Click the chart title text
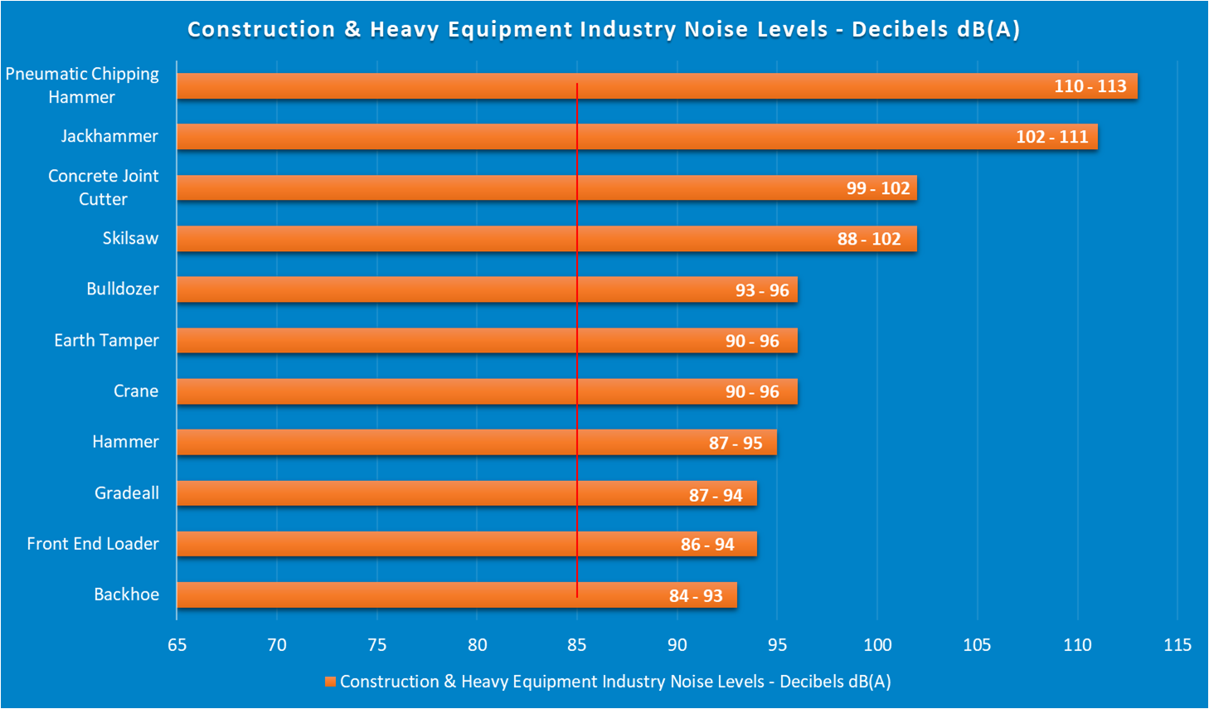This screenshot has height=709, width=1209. (x=604, y=29)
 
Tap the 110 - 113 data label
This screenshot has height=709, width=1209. (x=1090, y=86)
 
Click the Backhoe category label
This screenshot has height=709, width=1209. (x=126, y=595)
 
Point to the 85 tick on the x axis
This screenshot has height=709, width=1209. (x=577, y=645)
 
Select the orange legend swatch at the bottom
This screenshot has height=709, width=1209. (x=330, y=682)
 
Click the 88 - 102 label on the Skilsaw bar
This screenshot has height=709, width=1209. (x=868, y=239)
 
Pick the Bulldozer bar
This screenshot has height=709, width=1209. (x=487, y=289)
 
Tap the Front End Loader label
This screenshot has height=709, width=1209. (x=93, y=544)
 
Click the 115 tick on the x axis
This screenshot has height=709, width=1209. (x=1177, y=645)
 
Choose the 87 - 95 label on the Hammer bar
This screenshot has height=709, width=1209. (x=735, y=443)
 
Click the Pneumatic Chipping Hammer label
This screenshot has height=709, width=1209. (x=82, y=85)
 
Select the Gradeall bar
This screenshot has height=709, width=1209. (x=466, y=493)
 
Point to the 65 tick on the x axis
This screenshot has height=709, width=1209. (x=177, y=645)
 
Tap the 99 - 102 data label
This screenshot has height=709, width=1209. (x=877, y=188)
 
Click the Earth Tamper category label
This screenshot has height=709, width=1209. (x=106, y=340)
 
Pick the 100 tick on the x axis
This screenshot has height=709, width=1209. (x=877, y=645)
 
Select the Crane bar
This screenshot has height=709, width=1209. (x=487, y=391)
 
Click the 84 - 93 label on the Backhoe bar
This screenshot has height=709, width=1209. (x=695, y=595)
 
